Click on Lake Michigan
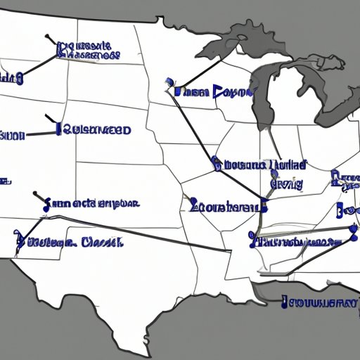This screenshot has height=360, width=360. point(264,105)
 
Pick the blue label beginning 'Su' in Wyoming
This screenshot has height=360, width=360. point(95,129)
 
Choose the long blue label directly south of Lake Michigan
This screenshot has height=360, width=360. point(260,166)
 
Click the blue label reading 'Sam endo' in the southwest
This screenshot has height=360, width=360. point(91,204)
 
